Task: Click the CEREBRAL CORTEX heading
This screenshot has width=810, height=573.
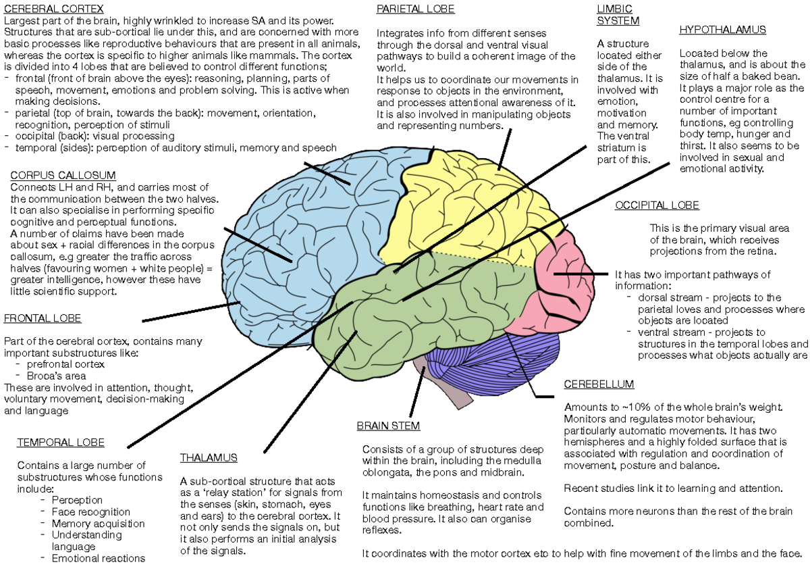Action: [x=54, y=9]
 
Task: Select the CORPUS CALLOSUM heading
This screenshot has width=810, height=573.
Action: [x=63, y=175]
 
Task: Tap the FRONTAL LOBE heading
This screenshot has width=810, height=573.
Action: [x=43, y=318]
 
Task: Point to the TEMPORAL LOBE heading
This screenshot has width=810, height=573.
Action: [x=61, y=443]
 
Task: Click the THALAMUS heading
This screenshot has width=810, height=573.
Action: [x=209, y=457]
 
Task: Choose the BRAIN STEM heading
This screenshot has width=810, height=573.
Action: [x=388, y=426]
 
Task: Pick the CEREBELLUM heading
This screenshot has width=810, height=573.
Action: [x=599, y=384]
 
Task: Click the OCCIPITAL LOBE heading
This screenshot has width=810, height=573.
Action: [x=657, y=205]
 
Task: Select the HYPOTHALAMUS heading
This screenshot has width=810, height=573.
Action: [x=722, y=30]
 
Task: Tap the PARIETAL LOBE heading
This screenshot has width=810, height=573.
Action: [x=415, y=9]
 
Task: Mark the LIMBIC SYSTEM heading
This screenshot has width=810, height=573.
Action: [x=617, y=14]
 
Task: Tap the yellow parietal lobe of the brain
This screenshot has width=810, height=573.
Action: [x=466, y=203]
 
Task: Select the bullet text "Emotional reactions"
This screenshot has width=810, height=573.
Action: [x=99, y=558]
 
